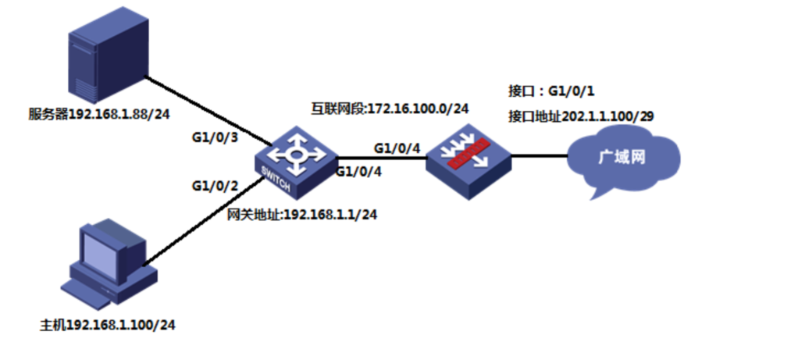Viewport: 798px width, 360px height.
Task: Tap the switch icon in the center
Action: point(297,162)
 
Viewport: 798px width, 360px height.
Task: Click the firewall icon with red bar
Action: point(468,161)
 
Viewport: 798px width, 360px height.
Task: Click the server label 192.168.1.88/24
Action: point(98,114)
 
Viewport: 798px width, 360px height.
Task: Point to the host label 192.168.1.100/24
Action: point(108,325)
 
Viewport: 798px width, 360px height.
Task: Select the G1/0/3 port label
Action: point(215,137)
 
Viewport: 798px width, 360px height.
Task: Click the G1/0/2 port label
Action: point(215,187)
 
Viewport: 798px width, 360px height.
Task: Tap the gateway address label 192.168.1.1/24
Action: point(302,215)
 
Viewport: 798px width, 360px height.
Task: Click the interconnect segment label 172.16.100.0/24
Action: point(390,109)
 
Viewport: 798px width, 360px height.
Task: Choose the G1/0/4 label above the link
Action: point(397,148)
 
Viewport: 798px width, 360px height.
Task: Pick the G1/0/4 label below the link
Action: point(358,172)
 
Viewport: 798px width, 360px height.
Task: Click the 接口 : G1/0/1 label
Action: point(552,91)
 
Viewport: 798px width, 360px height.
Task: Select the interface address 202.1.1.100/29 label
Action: point(581,116)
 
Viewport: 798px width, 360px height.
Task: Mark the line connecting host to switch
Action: point(203,222)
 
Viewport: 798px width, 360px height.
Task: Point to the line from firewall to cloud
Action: point(540,156)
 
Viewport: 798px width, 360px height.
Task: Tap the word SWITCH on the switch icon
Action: point(276,178)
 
